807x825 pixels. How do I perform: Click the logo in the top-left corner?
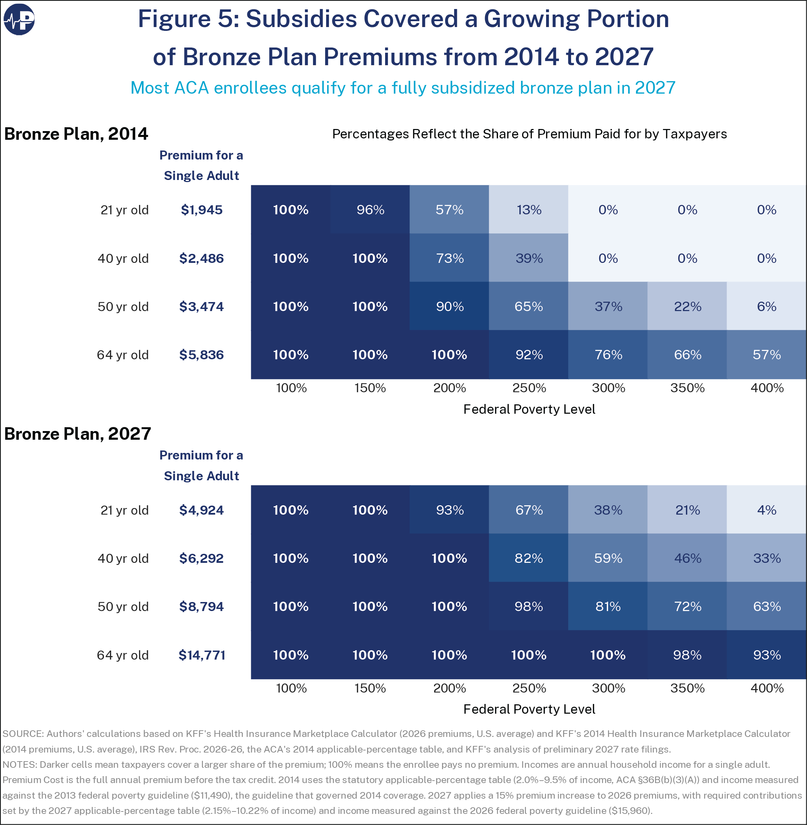pos(19,19)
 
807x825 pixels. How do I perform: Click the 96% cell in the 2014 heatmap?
pos(370,209)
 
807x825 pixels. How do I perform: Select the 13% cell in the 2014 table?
pos(528,209)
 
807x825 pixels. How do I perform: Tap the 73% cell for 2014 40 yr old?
pos(449,258)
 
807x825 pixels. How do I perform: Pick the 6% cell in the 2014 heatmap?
pos(766,306)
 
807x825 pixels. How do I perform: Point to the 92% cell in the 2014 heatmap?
pos(528,355)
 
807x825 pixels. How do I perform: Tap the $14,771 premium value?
pos(202,655)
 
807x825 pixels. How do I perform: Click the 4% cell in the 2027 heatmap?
pos(766,509)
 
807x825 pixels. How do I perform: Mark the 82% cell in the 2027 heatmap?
pos(528,558)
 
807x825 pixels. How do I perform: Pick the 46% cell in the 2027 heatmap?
pos(687,558)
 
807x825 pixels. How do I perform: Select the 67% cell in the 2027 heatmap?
pos(528,509)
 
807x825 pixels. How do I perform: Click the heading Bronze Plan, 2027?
pos(78,434)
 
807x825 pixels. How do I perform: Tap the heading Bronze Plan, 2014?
pos(76,134)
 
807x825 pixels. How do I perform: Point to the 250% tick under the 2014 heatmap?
pos(529,388)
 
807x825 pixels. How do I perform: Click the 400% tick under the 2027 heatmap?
pos(767,688)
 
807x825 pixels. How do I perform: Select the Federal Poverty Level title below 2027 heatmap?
pos(529,709)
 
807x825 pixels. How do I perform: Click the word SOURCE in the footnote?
pos(23,734)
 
